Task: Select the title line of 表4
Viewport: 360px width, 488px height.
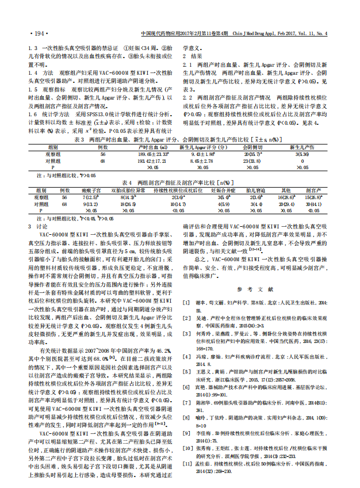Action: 180,182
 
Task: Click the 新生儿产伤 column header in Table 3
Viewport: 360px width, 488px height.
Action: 300,147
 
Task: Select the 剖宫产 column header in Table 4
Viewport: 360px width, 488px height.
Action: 313,189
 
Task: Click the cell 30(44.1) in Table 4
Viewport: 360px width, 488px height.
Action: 313,204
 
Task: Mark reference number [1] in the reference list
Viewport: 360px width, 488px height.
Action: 186,302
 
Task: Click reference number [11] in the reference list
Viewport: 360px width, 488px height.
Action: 187,463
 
